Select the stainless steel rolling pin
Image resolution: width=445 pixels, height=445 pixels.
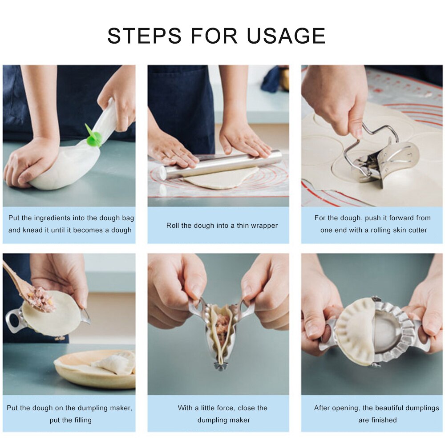(x=222, y=165)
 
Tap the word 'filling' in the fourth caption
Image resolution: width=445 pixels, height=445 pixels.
(x=82, y=420)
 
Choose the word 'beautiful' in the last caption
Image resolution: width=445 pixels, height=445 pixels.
(x=387, y=408)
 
